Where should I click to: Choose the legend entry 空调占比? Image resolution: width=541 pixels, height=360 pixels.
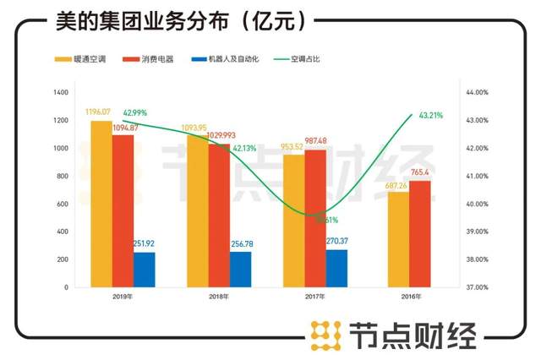pyautogui.click(x=298, y=60)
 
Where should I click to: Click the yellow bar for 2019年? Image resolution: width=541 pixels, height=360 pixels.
pyautogui.click(x=101, y=203)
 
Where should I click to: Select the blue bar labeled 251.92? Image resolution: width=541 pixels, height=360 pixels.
pyautogui.click(x=144, y=269)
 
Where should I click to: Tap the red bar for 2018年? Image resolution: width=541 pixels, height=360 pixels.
pyautogui.click(x=219, y=215)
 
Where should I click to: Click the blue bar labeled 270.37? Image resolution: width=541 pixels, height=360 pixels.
pyautogui.click(x=336, y=268)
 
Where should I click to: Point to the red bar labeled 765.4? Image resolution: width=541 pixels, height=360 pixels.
pyautogui.click(x=419, y=233)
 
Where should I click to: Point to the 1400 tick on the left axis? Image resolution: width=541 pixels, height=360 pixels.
pyautogui.click(x=60, y=92)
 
